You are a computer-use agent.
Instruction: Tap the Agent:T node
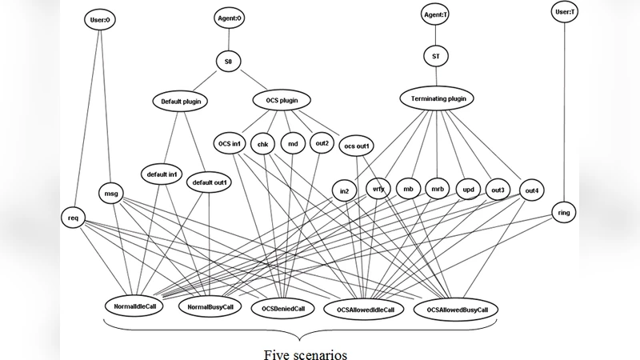pyautogui.click(x=436, y=14)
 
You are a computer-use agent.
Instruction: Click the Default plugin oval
pyautogui.click(x=179, y=102)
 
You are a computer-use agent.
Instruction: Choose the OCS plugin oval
pyautogui.click(x=281, y=101)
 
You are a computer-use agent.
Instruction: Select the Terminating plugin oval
pyautogui.click(x=437, y=98)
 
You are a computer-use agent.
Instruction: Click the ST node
pyautogui.click(x=436, y=56)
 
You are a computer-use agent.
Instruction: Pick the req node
pyautogui.click(x=73, y=217)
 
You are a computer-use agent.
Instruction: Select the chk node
pyautogui.click(x=262, y=144)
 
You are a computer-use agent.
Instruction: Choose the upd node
pyautogui.click(x=468, y=190)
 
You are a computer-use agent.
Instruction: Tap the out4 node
pyautogui.click(x=530, y=190)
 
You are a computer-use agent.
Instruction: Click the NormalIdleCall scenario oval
pyautogui.click(x=134, y=306)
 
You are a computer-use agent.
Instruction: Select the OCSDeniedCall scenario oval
pyautogui.click(x=277, y=307)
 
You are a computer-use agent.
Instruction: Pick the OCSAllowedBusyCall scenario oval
pyautogui.click(x=457, y=309)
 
